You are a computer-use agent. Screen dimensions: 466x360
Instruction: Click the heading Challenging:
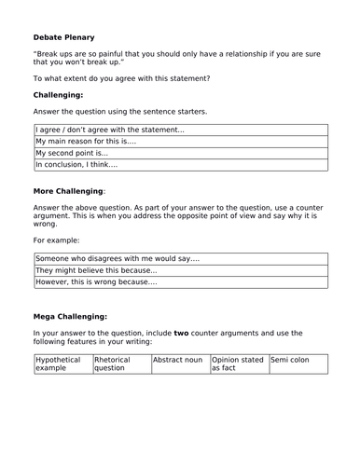click(x=62, y=95)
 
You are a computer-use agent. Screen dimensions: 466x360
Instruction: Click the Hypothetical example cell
click(x=62, y=363)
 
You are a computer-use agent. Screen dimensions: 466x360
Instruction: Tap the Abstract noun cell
click(x=178, y=359)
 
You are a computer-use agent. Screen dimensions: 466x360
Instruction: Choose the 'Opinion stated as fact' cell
click(x=237, y=363)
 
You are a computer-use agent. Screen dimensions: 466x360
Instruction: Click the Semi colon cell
click(x=293, y=359)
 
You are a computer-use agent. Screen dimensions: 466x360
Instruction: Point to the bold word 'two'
click(x=183, y=332)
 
